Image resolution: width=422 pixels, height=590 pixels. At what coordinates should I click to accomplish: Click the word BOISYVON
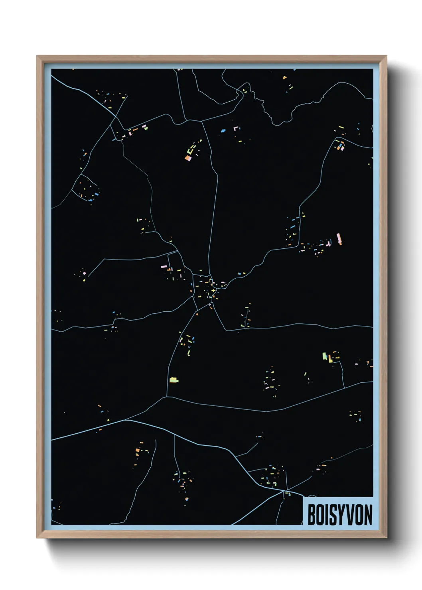click(339, 515)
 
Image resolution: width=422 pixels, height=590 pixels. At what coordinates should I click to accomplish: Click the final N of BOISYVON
click(368, 515)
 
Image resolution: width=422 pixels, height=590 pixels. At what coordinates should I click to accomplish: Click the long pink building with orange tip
click(339, 238)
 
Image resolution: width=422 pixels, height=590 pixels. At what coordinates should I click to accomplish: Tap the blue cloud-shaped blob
click(223, 130)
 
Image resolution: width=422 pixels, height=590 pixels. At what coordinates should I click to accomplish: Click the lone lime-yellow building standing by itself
click(174, 380)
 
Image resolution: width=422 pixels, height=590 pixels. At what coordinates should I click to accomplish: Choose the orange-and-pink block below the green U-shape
click(188, 158)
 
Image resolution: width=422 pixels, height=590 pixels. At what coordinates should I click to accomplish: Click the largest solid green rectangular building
click(325, 356)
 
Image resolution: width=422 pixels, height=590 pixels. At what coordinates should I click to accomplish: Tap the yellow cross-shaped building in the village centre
click(214, 291)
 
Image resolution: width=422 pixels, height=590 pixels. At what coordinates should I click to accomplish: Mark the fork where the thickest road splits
click(125, 419)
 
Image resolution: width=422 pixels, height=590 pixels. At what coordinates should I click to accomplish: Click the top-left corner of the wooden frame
click(37, 57)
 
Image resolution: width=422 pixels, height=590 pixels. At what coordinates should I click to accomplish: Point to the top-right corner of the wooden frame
click(386, 57)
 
